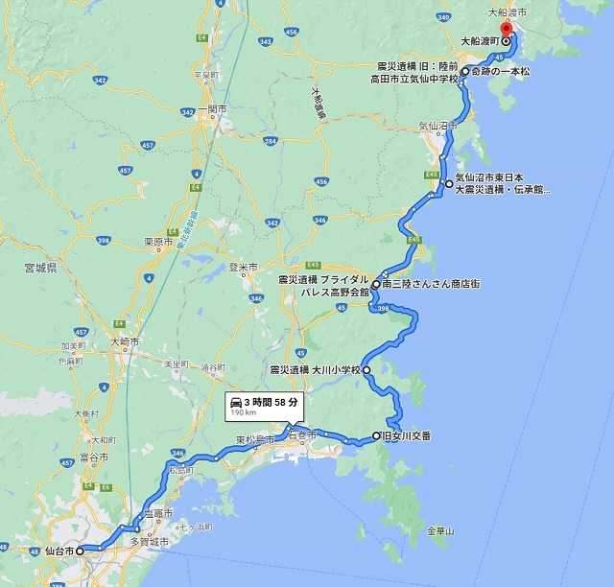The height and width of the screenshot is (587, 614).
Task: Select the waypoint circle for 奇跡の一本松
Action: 464,72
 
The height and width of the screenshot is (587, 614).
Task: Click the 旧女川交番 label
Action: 407,436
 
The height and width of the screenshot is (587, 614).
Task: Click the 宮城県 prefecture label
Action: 41,270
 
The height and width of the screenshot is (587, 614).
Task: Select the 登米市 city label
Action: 242,268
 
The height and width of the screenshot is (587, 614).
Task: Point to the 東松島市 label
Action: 253,440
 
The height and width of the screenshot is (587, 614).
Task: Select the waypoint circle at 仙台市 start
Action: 81,552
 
